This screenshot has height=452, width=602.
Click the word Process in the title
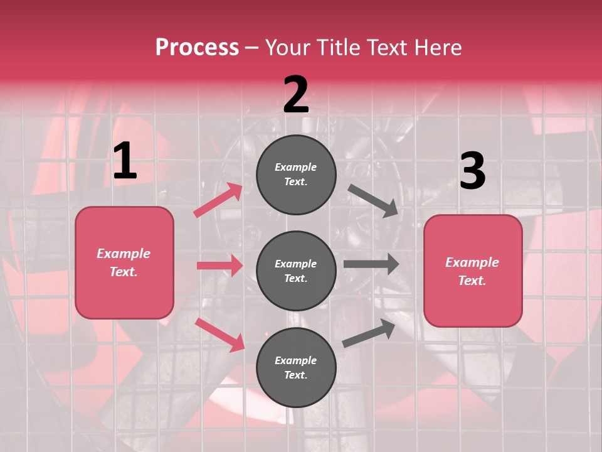click(x=197, y=48)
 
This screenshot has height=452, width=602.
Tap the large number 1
click(x=125, y=161)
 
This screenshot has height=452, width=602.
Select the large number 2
click(x=296, y=95)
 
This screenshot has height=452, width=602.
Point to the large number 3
click(x=472, y=171)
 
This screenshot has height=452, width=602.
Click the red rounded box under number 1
click(x=124, y=262)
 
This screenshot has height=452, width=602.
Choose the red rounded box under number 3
click(x=473, y=271)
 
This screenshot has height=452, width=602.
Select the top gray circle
click(x=296, y=174)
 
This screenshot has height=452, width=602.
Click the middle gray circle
click(x=296, y=271)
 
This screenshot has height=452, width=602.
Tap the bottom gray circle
click(x=296, y=367)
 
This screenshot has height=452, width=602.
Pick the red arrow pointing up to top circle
click(x=218, y=200)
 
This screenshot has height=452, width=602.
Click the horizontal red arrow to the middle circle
click(x=220, y=266)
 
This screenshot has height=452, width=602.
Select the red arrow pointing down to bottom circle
click(x=220, y=335)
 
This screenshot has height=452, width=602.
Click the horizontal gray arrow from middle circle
click(x=371, y=264)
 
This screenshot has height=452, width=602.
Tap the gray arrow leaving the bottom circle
click(x=369, y=333)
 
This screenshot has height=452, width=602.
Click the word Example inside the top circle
click(x=296, y=167)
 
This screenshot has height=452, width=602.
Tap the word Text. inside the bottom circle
click(x=296, y=375)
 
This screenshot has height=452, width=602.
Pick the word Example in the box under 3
click(x=472, y=262)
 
